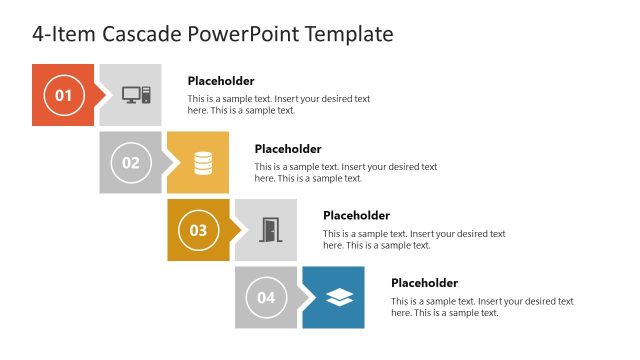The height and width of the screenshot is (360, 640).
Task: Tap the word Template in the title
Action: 347,34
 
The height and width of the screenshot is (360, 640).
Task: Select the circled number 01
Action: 63,95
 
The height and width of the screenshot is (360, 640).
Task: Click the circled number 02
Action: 131,162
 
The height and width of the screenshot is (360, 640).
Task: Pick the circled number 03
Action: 198,230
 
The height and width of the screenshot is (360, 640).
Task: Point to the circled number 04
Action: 266,297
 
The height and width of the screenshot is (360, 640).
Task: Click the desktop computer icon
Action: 135,95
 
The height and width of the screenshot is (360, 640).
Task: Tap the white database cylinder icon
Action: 203,162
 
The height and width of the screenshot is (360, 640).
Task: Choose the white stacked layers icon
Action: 339,297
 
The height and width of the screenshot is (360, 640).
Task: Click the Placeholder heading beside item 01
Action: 221,81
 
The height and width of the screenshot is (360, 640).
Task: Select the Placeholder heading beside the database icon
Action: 288,149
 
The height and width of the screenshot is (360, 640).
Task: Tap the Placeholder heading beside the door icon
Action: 356,215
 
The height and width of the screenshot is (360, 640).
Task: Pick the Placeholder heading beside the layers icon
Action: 424,283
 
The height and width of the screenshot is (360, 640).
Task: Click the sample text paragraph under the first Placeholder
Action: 279,105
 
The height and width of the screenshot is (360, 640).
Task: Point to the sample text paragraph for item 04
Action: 482,307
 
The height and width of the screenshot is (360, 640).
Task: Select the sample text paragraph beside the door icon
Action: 414,239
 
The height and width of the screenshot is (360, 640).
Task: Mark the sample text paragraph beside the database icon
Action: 346,172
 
